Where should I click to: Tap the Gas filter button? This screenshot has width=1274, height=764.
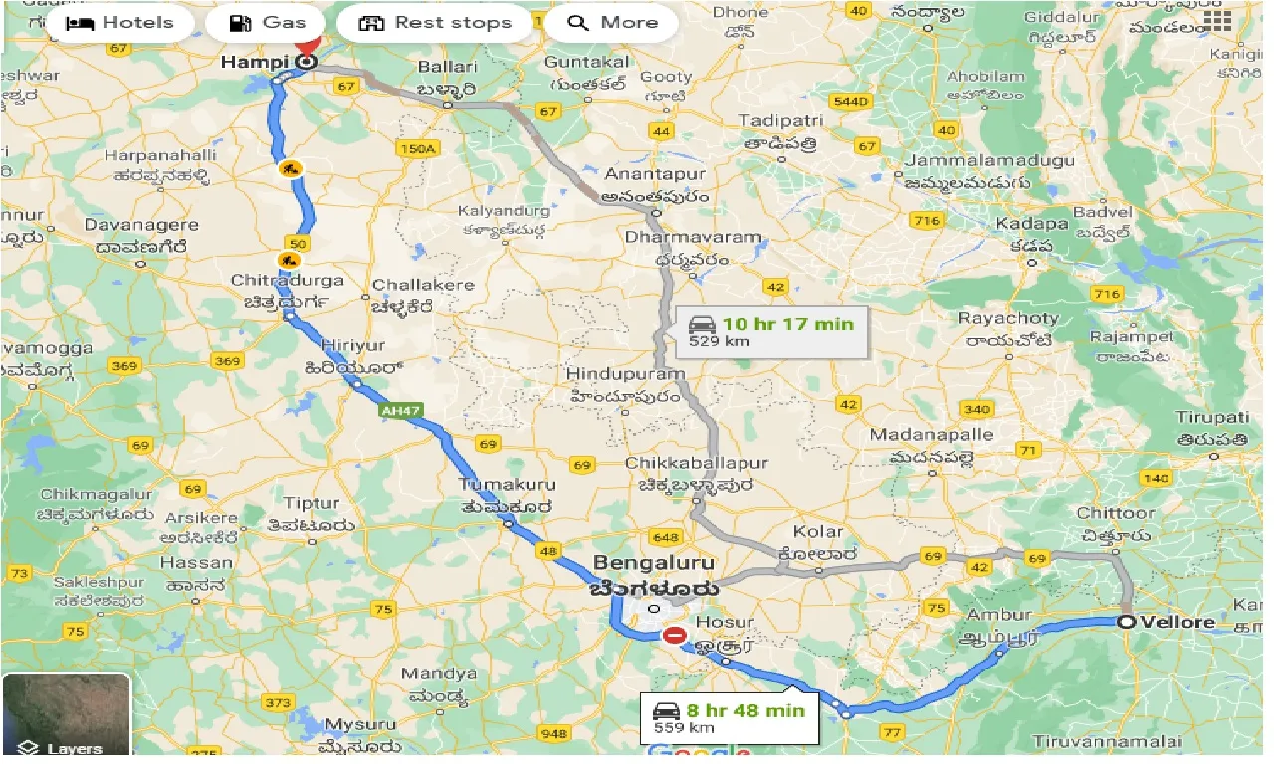pyautogui.click(x=267, y=23)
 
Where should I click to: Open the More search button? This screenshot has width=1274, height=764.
pyautogui.click(x=612, y=23)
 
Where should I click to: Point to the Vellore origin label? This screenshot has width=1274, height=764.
pyautogui.click(x=1177, y=623)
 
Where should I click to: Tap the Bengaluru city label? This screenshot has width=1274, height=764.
pyautogui.click(x=655, y=564)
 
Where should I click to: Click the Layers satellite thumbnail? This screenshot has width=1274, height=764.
pyautogui.click(x=66, y=714)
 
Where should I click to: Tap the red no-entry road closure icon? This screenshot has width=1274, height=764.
pyautogui.click(x=675, y=634)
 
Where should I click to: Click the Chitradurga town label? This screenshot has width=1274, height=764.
pyautogui.click(x=287, y=281)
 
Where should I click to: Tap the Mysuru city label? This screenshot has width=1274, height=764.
pyautogui.click(x=364, y=723)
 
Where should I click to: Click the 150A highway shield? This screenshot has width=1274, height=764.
pyautogui.click(x=416, y=148)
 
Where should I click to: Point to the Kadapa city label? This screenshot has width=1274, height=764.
pyautogui.click(x=1030, y=225)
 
